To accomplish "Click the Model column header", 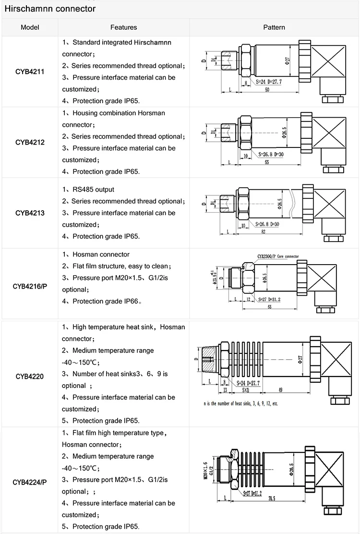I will pos(30,27).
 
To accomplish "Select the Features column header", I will pos(123,27).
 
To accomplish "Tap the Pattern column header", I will pos(274,27).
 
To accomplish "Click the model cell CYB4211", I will pos(30,72).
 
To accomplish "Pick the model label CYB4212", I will pos(30,142).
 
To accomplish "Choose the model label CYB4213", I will pos(30,213).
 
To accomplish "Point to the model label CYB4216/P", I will pos(30,287).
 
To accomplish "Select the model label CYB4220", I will pos(30,376).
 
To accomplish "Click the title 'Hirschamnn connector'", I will pos(50,9).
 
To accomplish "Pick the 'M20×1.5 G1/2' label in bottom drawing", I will pos(206,469).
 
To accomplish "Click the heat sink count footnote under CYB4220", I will pos(240,404).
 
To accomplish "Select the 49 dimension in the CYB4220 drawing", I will pos(287,389).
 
